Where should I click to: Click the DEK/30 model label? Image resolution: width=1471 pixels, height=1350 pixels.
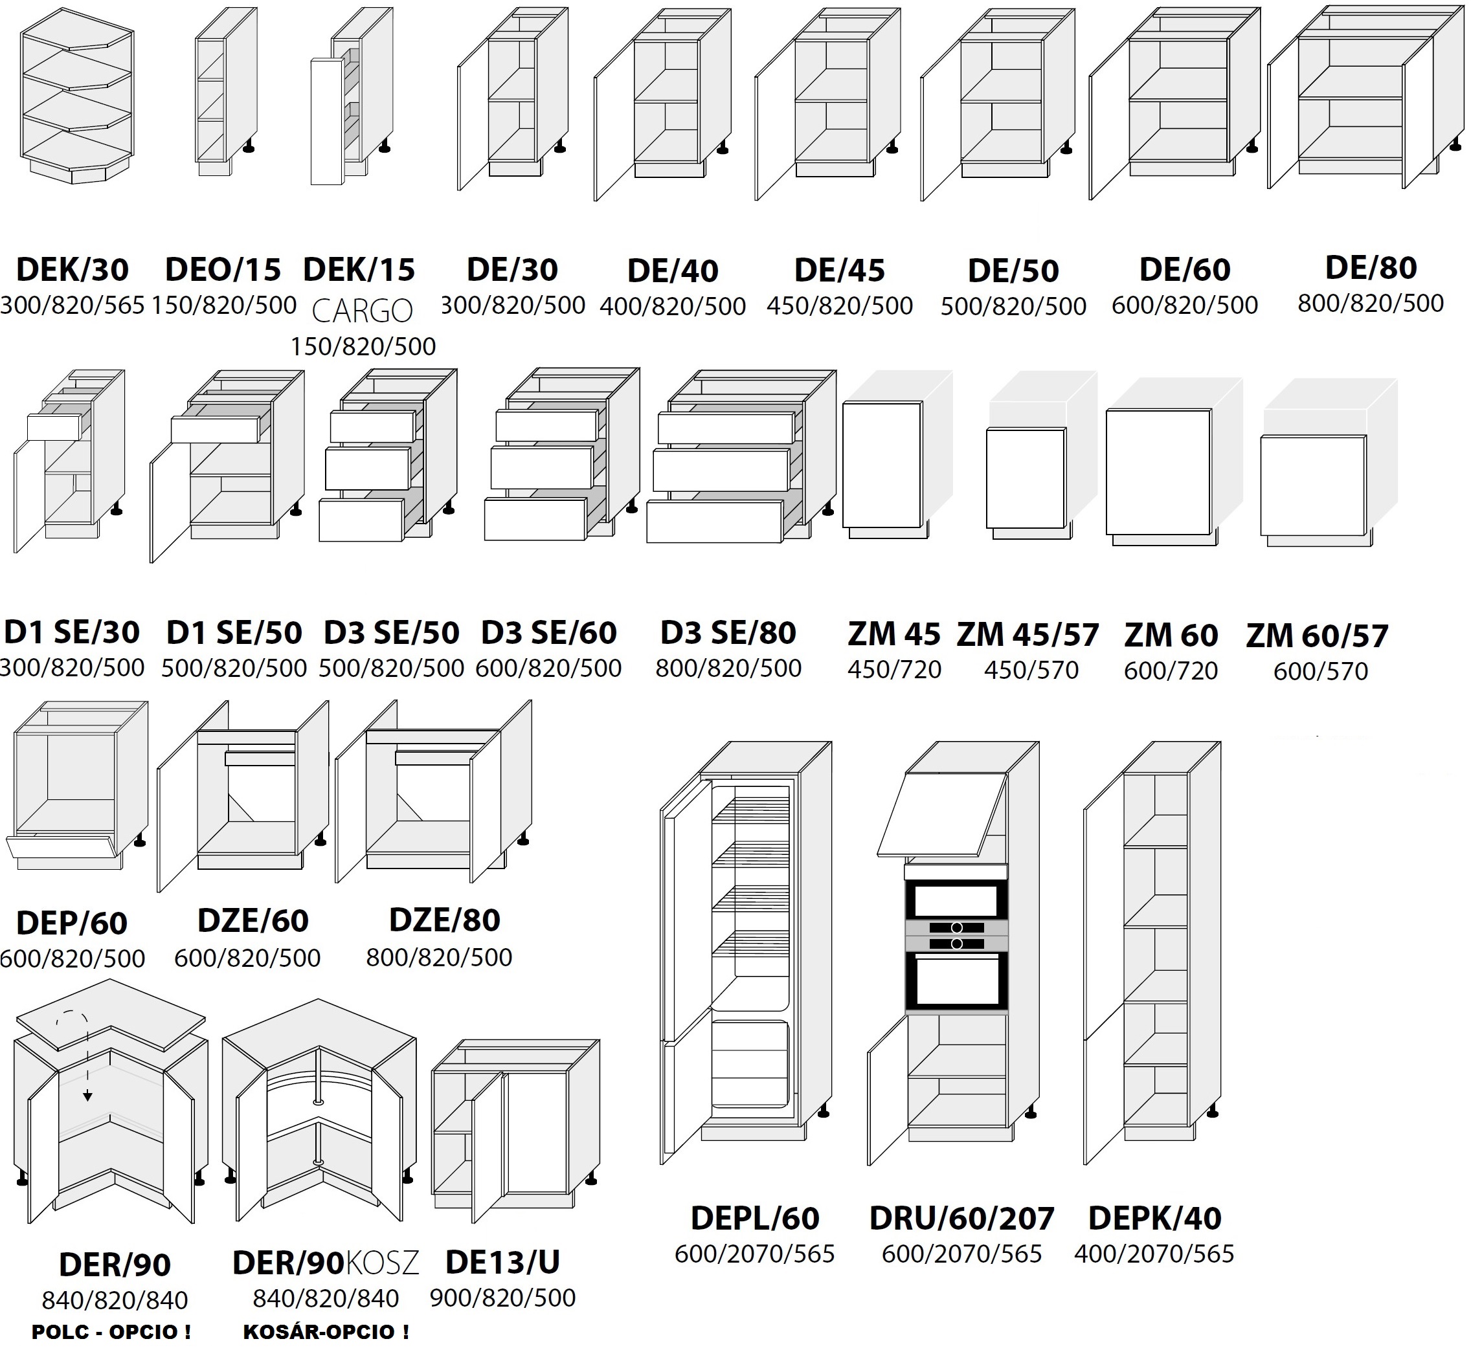click(73, 270)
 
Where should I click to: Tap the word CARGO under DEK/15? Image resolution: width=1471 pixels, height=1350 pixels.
click(363, 311)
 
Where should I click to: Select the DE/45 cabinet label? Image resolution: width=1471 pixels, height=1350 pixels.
click(840, 271)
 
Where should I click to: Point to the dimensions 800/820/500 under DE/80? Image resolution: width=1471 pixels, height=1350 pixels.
click(1370, 303)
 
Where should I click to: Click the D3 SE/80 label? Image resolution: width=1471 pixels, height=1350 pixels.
click(728, 633)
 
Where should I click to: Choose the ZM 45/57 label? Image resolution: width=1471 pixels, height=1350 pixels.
click(1027, 634)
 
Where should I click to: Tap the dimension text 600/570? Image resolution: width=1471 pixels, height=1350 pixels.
click(1320, 670)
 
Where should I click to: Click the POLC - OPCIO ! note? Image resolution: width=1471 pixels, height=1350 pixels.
click(111, 1331)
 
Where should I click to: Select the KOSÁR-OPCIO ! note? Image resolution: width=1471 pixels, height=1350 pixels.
click(326, 1331)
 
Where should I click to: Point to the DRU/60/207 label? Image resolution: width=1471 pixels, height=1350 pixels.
click(961, 1218)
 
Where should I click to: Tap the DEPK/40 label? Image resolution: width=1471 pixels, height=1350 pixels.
click(1154, 1218)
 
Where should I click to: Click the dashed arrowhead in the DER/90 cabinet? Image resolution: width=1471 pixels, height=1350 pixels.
click(87, 1095)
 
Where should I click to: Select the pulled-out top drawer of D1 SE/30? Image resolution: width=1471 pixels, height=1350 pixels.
click(53, 426)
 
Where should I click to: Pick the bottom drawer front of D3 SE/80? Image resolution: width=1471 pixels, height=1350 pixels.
click(714, 522)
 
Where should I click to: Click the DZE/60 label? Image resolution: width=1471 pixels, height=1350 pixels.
click(253, 920)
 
